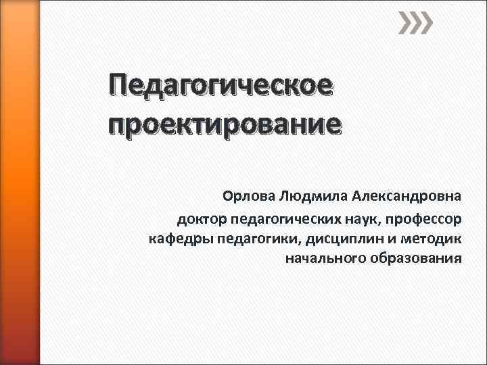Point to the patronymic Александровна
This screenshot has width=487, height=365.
point(407,197)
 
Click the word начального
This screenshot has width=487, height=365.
point(325,258)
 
